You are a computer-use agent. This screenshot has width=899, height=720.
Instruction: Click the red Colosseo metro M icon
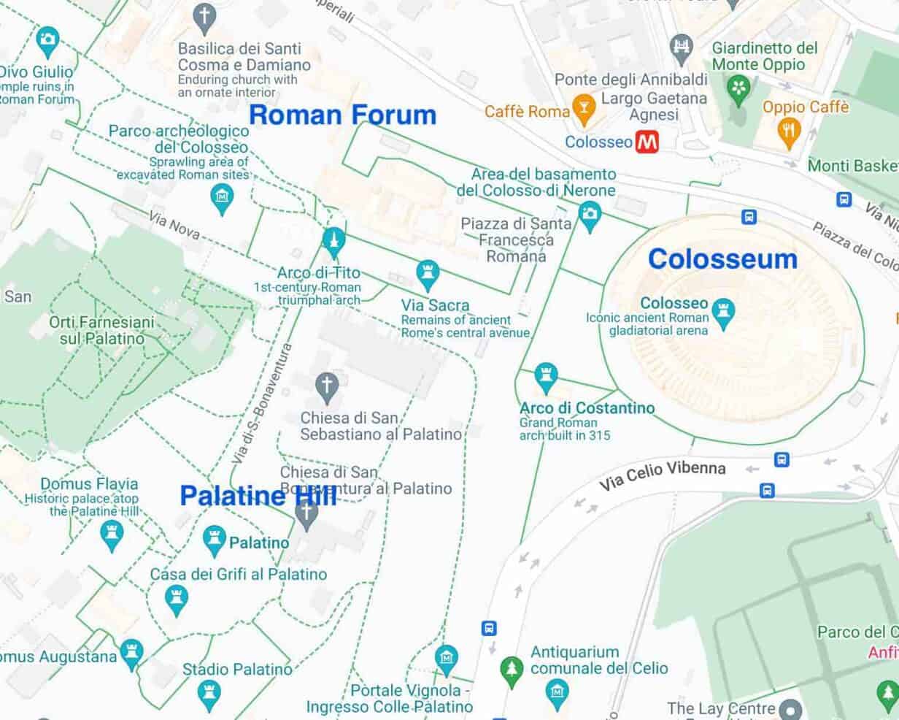647,142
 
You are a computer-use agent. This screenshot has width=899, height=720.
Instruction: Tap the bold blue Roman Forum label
342,115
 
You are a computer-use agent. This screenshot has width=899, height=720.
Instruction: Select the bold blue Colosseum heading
722,258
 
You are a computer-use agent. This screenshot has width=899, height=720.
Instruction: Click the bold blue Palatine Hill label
258,496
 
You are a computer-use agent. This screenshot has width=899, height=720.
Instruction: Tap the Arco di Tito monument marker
333,241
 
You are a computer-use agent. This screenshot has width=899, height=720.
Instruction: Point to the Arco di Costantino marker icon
546,377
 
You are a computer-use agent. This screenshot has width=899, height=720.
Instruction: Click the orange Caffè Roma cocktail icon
582,110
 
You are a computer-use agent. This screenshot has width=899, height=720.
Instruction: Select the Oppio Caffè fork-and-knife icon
790,131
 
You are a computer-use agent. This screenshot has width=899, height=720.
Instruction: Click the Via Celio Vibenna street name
663,474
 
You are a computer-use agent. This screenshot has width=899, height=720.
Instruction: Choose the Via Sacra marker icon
428,274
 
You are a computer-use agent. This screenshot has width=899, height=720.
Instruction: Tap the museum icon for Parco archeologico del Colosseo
222,197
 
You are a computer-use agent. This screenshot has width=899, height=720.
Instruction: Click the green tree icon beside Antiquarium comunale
511,667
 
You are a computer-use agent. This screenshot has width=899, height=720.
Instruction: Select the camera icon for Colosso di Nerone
589,214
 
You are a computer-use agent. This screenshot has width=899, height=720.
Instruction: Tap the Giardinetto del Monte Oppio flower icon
740,88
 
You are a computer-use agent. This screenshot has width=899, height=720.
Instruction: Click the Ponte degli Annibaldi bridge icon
681,45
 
